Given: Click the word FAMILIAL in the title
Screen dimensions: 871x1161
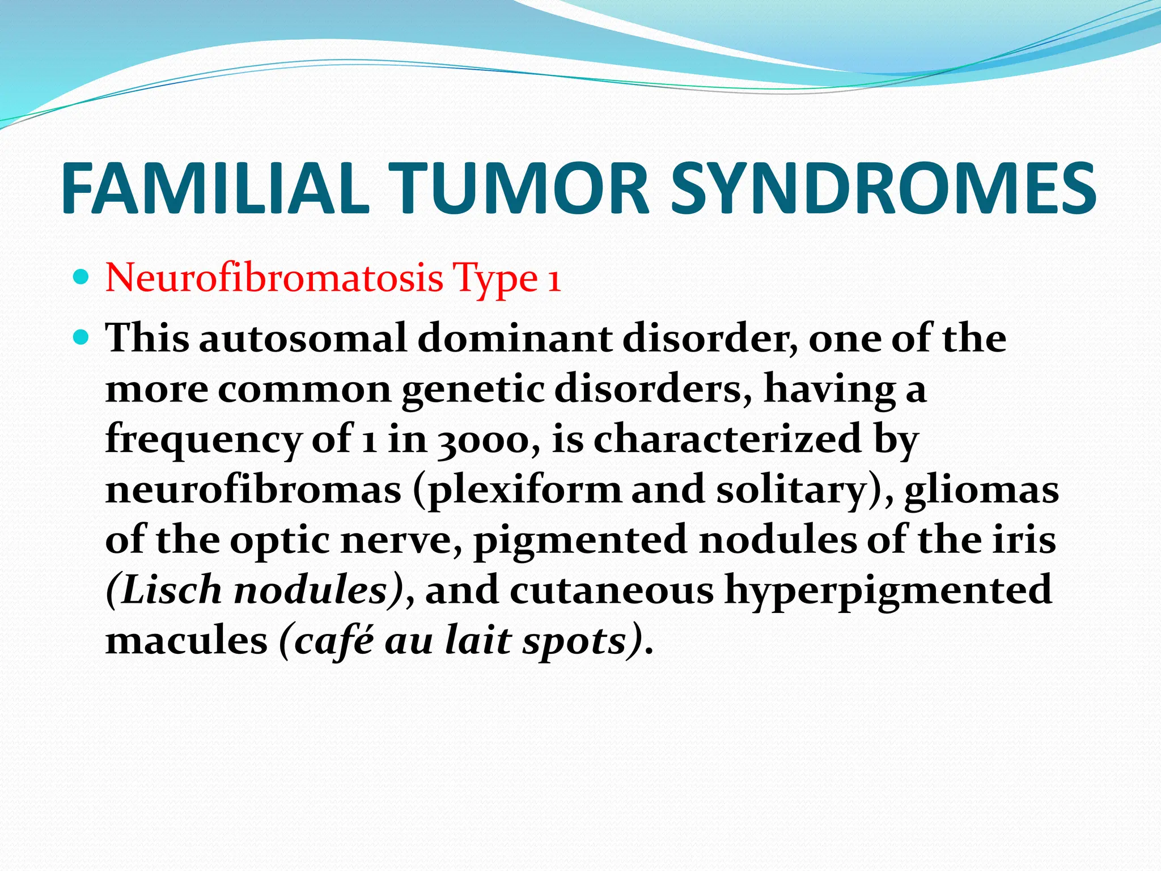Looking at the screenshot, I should click(x=215, y=188).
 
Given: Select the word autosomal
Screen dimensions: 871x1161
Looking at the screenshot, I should click(x=303, y=339).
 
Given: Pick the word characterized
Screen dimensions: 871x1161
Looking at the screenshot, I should click(x=727, y=439).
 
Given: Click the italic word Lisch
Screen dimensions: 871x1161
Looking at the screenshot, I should click(x=170, y=590).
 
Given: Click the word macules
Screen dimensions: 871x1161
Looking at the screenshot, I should click(x=187, y=641).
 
